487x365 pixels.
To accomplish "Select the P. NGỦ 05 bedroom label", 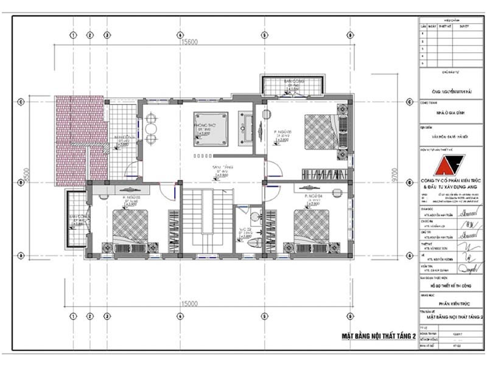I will coord(281,131).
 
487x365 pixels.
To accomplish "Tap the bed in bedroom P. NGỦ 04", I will coord(311,226).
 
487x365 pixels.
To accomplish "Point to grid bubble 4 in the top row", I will coord(180,35).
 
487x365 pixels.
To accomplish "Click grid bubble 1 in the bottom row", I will coord(73,316).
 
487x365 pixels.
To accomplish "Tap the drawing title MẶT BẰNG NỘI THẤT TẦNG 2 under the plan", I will coord(378,335).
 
